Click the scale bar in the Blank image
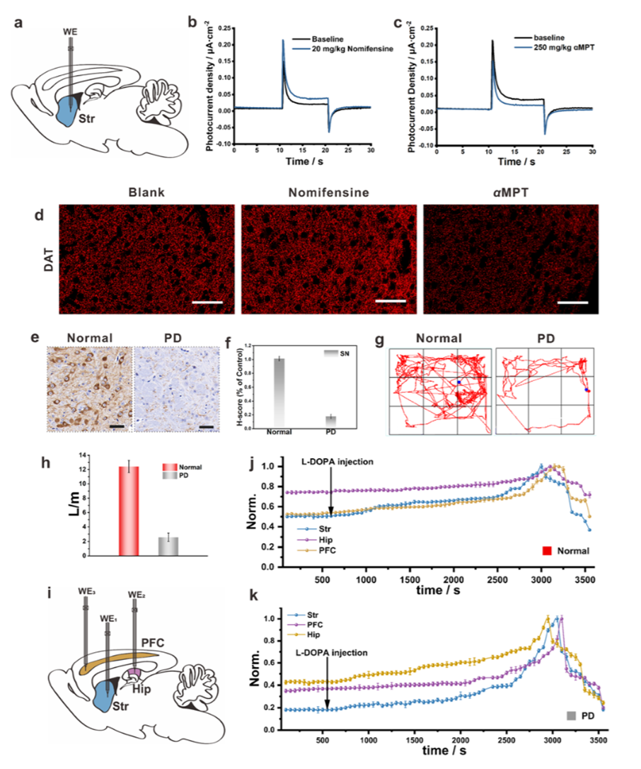tap(206, 302)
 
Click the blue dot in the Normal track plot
tap(458, 382)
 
